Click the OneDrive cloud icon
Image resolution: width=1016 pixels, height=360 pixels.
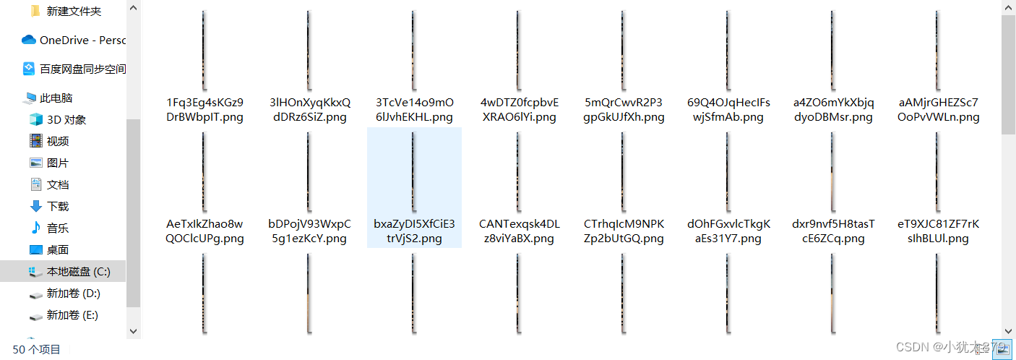pyautogui.click(x=29, y=40)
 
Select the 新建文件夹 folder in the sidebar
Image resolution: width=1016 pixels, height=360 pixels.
pyautogui.click(x=74, y=12)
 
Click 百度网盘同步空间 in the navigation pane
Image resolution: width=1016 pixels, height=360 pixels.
pyautogui.click(x=82, y=69)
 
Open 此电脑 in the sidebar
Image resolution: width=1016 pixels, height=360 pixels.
pyautogui.click(x=56, y=98)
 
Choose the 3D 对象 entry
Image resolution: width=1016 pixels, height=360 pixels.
pyautogui.click(x=66, y=120)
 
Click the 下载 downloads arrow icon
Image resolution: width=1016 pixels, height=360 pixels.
pyautogui.click(x=36, y=206)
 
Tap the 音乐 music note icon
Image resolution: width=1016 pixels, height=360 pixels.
pyautogui.click(x=36, y=228)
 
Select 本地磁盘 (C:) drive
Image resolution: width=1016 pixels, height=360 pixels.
pyautogui.click(x=78, y=272)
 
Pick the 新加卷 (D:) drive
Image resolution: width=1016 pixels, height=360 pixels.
pyautogui.click(x=73, y=293)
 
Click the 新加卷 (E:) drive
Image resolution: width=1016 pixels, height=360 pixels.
pyautogui.click(x=72, y=315)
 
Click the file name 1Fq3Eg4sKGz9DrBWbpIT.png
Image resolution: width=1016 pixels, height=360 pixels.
pyautogui.click(x=205, y=109)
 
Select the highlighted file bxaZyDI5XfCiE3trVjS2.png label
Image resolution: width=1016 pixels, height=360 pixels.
pyautogui.click(x=414, y=231)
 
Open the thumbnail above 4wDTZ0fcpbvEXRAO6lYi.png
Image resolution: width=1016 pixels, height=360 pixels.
pyautogui.click(x=519, y=50)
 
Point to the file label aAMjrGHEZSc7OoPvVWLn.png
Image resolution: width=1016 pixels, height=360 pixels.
pyautogui.click(x=939, y=109)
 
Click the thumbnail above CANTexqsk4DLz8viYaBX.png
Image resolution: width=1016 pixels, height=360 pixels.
pyautogui.click(x=519, y=171)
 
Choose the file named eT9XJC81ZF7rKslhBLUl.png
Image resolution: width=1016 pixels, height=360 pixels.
pyautogui.click(x=939, y=231)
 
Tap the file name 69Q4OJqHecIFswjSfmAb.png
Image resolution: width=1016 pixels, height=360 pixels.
pyautogui.click(x=728, y=109)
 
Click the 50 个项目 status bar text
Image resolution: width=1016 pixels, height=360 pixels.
pyautogui.click(x=37, y=350)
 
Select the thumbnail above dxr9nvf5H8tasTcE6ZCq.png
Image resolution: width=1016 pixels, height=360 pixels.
pyautogui.click(x=833, y=171)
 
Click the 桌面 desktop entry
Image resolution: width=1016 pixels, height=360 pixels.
pyautogui.click(x=58, y=250)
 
